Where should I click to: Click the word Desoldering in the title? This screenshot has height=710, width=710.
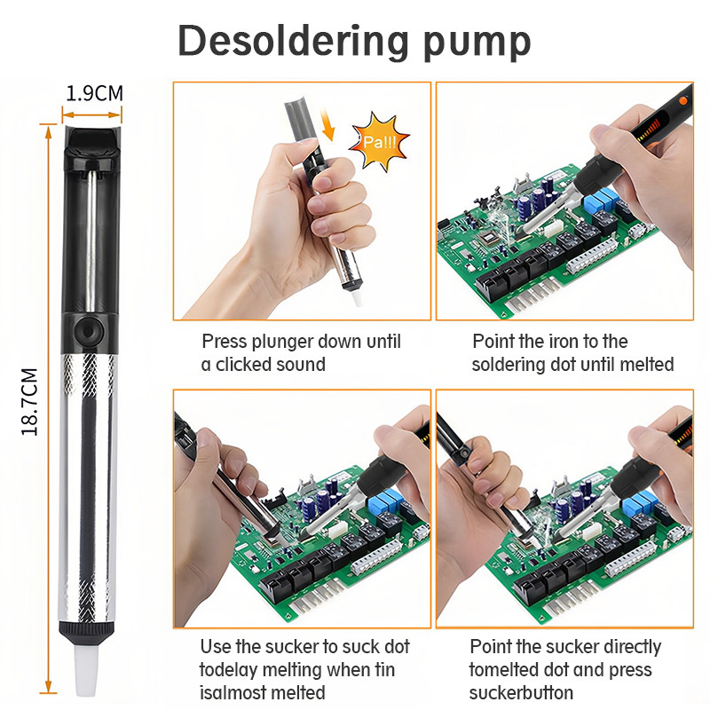(x=294, y=42)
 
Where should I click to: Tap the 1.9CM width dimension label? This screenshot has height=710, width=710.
(x=94, y=94)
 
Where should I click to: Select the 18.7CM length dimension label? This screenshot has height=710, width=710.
(x=29, y=402)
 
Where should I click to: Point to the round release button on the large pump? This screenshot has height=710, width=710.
(x=88, y=332)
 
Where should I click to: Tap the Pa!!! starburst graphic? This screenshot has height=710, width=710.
(x=380, y=142)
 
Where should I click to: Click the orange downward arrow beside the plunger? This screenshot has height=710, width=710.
(x=327, y=125)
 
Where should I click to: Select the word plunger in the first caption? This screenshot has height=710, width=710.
(x=283, y=342)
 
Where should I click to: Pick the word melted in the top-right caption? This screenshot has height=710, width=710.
(x=647, y=364)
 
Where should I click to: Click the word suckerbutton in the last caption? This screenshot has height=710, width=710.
(x=521, y=693)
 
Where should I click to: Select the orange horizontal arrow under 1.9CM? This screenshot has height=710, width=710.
(x=92, y=115)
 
